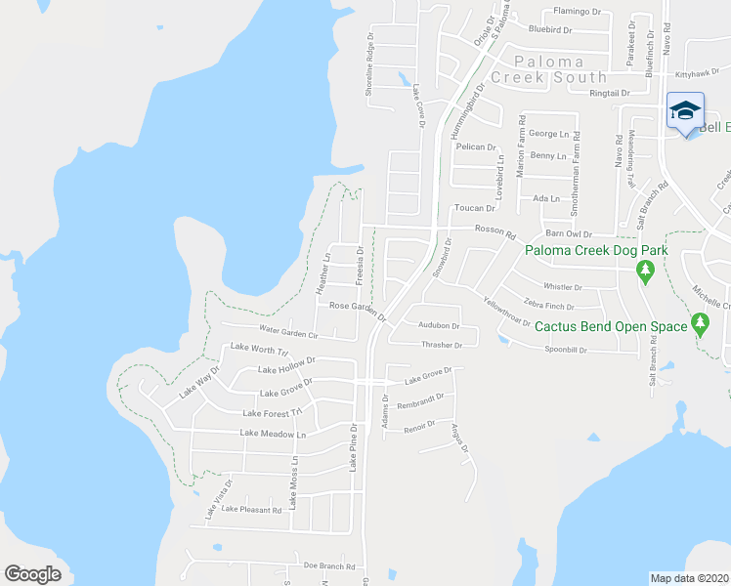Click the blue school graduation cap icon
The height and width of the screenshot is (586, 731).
point(685,110)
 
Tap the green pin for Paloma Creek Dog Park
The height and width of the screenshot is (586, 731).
point(644,269)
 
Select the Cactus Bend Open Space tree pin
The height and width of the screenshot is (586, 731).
point(700,323)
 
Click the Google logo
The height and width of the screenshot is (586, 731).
point(33,573)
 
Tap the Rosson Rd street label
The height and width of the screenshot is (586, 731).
point(494,231)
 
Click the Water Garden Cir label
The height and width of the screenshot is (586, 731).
point(287,333)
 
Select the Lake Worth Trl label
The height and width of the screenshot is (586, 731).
point(259,349)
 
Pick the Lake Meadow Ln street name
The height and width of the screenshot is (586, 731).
point(273,433)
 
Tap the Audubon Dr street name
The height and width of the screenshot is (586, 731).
point(439,325)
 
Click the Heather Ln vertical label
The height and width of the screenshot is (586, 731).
point(323,274)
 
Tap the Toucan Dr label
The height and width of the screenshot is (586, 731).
point(476,208)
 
